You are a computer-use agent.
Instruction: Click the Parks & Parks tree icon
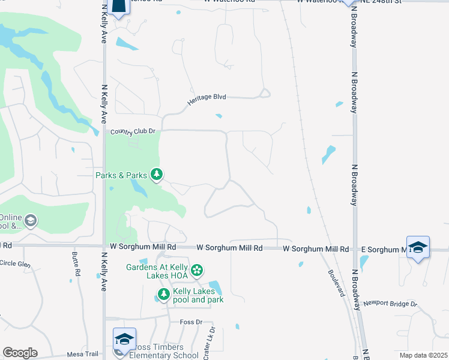click(157, 175)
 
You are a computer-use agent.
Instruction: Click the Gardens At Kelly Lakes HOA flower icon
click(197, 271)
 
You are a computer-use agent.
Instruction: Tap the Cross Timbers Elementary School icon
click(124, 339)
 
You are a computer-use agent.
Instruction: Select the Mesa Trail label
click(82, 354)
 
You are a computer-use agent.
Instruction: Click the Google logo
click(20, 353)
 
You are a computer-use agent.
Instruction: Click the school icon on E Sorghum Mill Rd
click(417, 247)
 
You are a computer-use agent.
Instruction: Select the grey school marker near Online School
click(29, 222)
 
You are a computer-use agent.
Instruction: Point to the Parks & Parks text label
click(121, 175)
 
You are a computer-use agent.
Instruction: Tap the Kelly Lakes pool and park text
click(198, 295)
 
